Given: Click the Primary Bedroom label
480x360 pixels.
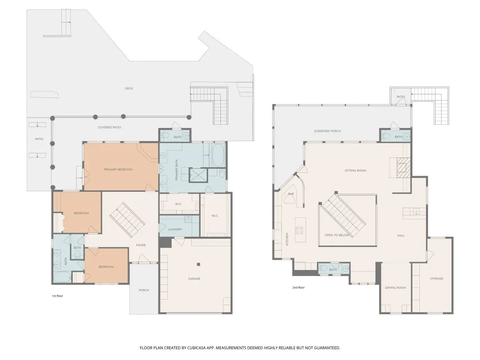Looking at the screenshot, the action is [118, 169].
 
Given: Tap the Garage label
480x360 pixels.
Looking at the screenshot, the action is [195, 278].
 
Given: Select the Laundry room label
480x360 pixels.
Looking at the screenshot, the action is [175, 229].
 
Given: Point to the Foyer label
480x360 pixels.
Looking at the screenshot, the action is [141, 245].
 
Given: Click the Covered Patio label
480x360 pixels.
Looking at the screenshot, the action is [109, 127].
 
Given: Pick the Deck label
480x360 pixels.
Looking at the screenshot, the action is [129, 89].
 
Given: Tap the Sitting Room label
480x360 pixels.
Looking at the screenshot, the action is [355, 171].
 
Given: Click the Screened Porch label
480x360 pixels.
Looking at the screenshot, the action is [327, 131].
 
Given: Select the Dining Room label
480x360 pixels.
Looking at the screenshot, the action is [396, 288].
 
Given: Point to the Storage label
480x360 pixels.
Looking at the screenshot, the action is [436, 278].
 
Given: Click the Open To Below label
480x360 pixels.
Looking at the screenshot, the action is [337, 235].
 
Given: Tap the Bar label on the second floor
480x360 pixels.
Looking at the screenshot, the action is [291, 194].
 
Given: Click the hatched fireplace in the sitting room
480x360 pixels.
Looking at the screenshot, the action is [402, 168].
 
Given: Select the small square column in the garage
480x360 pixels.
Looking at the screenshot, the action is [198, 264].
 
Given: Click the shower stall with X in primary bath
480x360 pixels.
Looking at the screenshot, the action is [198, 175].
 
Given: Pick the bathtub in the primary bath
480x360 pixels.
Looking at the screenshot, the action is [218, 155].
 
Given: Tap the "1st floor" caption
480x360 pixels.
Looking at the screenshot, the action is [57, 296].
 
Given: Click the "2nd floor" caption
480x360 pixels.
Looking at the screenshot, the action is [299, 287].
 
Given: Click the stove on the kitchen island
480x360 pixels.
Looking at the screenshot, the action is [300, 230].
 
